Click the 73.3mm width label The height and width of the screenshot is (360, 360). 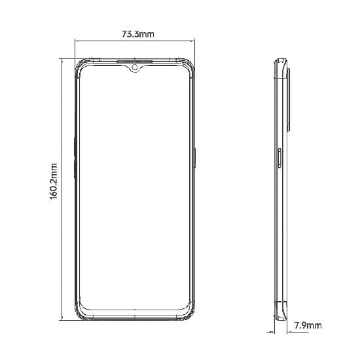point(137,34)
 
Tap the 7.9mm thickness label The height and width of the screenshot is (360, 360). point(308,325)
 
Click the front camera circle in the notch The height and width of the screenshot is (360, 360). point(135,66)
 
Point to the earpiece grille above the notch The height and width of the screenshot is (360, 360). point(135,61)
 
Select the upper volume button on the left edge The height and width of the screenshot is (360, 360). point(75,148)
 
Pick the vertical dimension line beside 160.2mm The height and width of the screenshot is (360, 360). point(62,190)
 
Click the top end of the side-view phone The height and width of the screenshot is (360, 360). point(281,61)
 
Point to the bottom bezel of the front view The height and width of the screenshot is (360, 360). point(135,316)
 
